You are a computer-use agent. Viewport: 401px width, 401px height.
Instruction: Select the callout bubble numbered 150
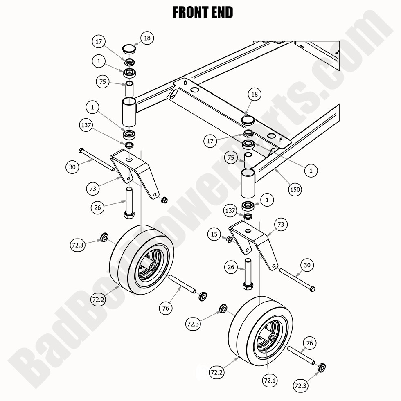(295, 189)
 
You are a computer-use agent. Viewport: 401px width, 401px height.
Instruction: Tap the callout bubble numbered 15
(214, 234)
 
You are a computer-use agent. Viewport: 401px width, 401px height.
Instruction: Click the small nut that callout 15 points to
(230, 239)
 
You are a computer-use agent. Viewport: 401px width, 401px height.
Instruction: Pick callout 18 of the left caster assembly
(147, 38)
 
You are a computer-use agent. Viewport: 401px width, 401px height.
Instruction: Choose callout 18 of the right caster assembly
(255, 95)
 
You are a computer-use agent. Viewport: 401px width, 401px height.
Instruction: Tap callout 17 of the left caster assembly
(99, 41)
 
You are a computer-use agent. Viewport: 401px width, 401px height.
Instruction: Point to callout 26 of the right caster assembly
(231, 268)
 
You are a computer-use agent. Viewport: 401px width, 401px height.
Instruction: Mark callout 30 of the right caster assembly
(307, 265)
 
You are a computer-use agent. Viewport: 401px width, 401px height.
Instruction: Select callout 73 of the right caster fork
(281, 225)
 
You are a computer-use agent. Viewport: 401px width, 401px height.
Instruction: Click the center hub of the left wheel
(152, 266)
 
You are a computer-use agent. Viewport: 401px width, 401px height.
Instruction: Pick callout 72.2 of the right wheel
(216, 373)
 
